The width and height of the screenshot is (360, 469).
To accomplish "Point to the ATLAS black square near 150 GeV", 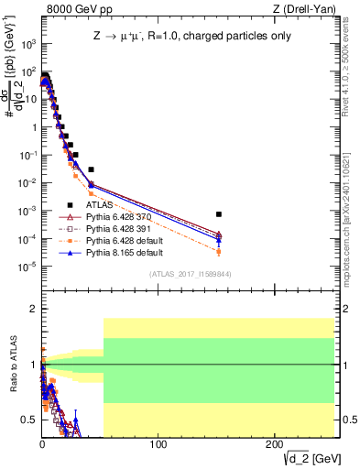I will pos(218,214).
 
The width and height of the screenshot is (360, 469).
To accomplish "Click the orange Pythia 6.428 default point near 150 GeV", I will pos(218,251).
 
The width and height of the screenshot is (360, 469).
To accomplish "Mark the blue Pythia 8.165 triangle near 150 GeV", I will pos(218,241).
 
